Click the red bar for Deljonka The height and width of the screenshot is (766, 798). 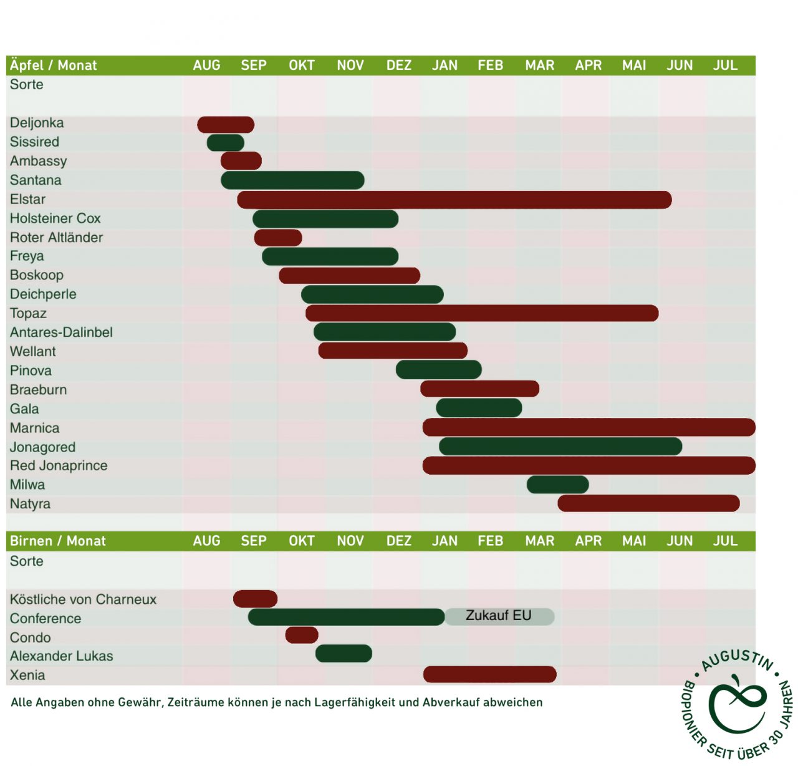tap(226, 125)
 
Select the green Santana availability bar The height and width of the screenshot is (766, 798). tap(292, 180)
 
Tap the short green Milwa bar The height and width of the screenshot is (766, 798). tap(557, 485)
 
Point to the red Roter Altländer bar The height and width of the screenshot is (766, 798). tap(278, 238)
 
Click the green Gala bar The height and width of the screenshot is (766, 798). tap(479, 409)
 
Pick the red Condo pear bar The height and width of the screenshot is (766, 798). tap(302, 635)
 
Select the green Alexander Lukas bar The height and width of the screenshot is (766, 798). tap(344, 654)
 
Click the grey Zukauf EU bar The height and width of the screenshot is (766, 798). tap(499, 616)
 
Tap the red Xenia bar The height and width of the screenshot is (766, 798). tap(489, 674)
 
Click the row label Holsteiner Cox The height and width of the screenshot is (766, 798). tap(55, 218)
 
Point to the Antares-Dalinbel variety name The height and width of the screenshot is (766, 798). tap(61, 332)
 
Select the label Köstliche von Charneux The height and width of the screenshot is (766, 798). tap(83, 599)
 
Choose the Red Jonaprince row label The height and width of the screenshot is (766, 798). tap(59, 466)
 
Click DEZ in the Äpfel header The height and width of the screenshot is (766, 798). tap(399, 65)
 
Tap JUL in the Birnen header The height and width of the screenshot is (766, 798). tap(725, 541)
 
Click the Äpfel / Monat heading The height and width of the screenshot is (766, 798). tap(54, 65)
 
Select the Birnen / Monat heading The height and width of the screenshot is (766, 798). tap(58, 541)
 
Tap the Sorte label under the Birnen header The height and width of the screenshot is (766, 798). tap(27, 561)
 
